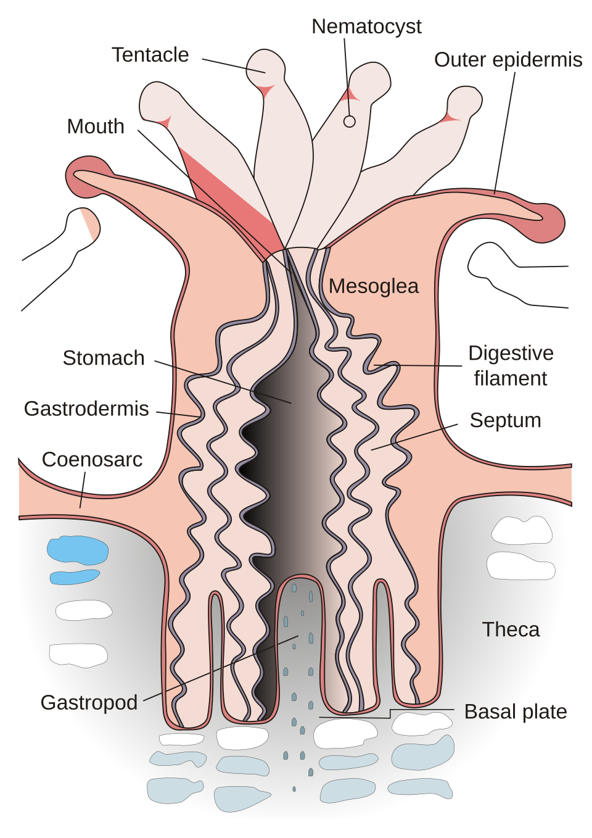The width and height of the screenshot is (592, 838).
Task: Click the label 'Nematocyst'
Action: (366, 27)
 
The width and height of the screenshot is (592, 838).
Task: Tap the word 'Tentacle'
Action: (150, 55)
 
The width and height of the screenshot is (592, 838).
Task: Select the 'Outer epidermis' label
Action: (508, 60)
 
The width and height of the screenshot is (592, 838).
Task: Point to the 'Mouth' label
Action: (96, 127)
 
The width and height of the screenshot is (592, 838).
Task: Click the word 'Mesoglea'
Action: (373, 286)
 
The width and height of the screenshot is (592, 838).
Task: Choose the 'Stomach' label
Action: (104, 358)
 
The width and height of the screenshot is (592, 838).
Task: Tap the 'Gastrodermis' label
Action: (86, 409)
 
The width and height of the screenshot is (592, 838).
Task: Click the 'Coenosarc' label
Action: (92, 460)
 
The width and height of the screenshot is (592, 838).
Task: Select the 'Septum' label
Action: (505, 420)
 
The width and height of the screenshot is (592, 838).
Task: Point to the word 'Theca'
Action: (511, 629)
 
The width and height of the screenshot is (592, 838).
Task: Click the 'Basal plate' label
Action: (515, 711)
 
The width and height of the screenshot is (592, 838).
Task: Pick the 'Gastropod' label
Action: (89, 702)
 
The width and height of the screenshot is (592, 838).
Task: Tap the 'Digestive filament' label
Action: (511, 365)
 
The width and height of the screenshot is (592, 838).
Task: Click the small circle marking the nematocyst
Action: (350, 122)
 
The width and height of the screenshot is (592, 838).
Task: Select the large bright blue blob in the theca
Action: (78, 549)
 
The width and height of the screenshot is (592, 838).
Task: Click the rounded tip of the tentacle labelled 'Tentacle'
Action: (266, 67)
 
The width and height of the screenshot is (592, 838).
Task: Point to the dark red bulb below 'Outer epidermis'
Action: (549, 223)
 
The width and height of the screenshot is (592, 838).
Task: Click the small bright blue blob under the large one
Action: (74, 577)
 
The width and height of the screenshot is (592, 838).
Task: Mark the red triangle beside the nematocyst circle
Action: (349, 95)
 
